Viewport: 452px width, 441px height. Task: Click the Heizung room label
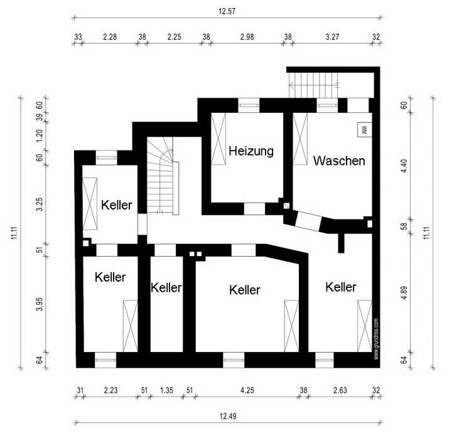point(251,151)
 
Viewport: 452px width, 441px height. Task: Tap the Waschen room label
point(339,161)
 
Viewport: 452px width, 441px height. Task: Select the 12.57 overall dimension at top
point(227,12)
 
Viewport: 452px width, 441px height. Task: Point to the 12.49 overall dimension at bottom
point(227,416)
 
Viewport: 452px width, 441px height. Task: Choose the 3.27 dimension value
point(333,37)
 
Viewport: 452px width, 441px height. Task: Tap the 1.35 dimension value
point(167,390)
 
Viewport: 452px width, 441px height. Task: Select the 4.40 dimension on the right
point(404,166)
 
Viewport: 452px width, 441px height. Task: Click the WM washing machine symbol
point(363,130)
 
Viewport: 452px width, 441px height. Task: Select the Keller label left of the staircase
point(117,205)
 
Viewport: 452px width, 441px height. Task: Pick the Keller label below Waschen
point(341,287)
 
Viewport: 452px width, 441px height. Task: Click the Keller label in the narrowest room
point(166,288)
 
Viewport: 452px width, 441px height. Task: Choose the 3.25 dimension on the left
point(39,205)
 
